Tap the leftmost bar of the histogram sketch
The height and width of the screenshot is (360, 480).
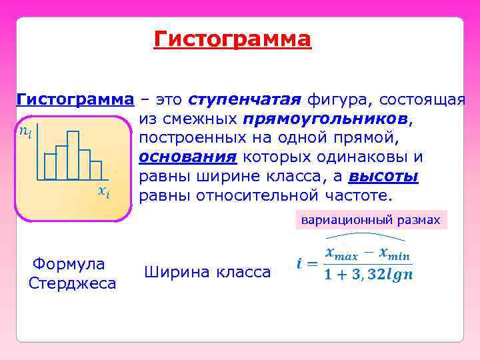click(x=50, y=167)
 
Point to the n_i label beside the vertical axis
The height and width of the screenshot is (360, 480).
click(x=25, y=131)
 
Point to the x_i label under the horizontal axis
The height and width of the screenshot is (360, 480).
click(x=103, y=191)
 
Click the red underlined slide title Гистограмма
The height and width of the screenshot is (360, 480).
click(x=232, y=39)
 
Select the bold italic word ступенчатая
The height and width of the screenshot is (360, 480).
click(x=245, y=100)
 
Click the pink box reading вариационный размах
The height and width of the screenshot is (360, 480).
click(x=371, y=220)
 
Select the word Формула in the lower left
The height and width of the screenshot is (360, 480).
click(x=69, y=264)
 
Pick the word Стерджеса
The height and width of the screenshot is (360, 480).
click(x=73, y=283)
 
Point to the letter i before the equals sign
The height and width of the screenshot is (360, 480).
click(x=299, y=264)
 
